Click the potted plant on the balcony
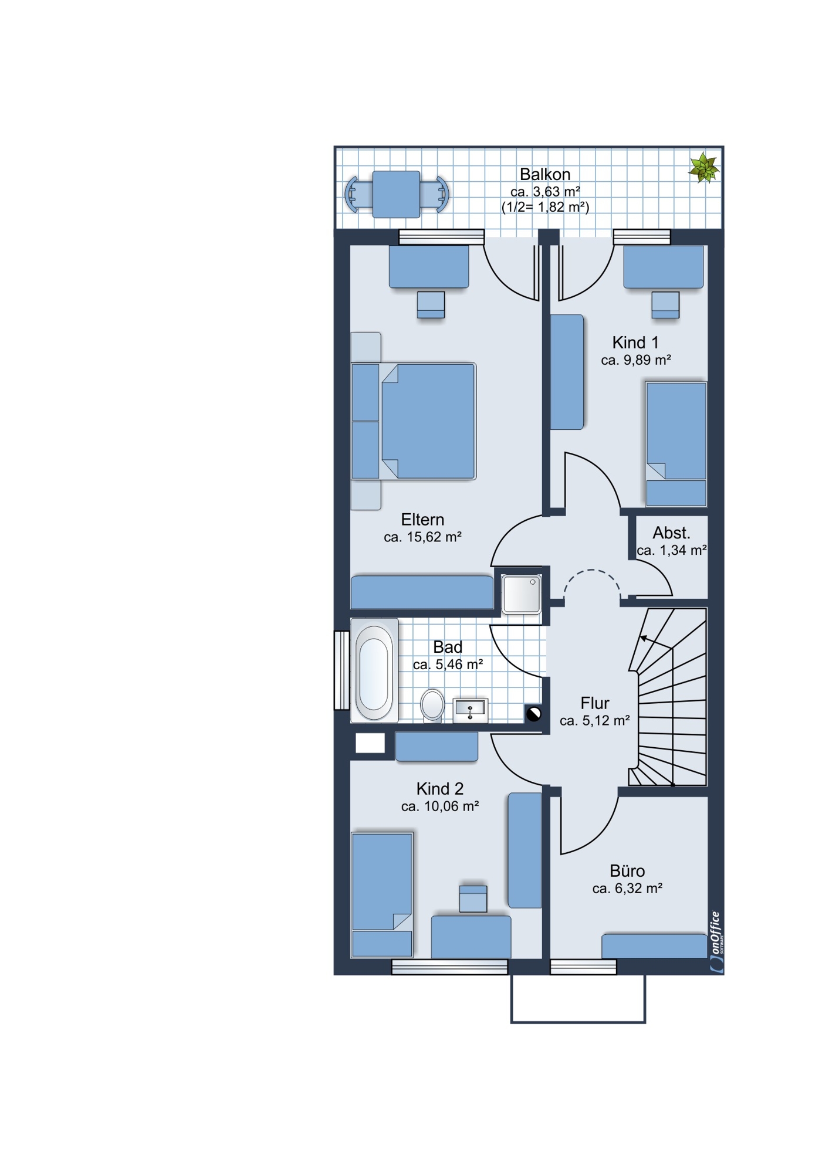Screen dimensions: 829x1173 point(704,168)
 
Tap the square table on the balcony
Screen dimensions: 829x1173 point(396,194)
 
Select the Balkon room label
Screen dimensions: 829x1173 point(545,174)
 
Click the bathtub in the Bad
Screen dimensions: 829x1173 point(374,670)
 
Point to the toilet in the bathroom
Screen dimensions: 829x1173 point(433,705)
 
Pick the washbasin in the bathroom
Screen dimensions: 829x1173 point(471,710)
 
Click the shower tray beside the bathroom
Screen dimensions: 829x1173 point(521,594)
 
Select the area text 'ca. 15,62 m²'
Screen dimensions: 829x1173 point(422,537)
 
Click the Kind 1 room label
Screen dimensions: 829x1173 point(635,343)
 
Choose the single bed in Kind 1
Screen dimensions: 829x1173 point(676,444)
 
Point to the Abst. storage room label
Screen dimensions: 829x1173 point(671,533)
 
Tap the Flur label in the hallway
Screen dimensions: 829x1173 point(595,703)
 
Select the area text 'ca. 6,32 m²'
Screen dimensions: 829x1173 point(627,889)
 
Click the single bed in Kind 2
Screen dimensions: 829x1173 point(382,895)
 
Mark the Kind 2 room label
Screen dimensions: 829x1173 point(440,789)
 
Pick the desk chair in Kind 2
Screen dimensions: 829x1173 point(473,899)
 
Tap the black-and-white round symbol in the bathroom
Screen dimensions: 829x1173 point(533,714)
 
